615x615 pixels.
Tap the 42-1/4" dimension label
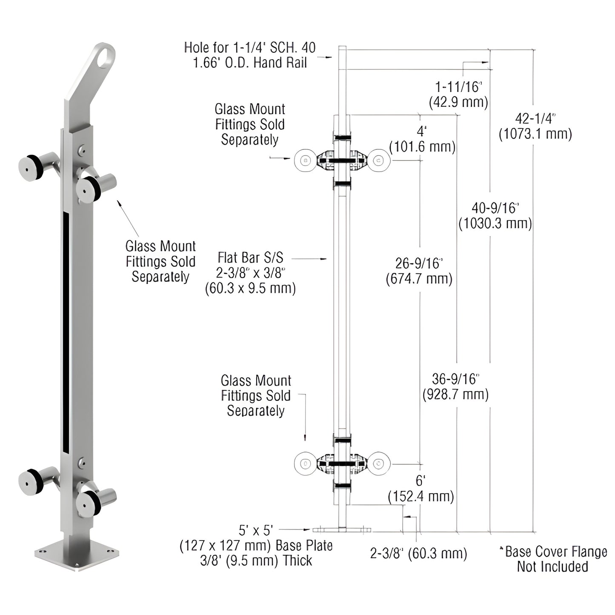pos(535,118)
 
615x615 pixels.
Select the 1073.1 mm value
pos(535,134)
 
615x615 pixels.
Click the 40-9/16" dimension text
pos(495,208)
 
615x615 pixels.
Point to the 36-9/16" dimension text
pos(455,378)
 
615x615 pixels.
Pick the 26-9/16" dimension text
pos(419,263)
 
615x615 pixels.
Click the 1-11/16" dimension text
pos(458,87)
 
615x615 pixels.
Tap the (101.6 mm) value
pos(422,147)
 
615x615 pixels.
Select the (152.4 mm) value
pos(420,496)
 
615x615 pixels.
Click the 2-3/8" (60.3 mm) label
pos(418,553)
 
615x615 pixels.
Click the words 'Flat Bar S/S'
pos(250,258)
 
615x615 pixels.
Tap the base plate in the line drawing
pos(342,530)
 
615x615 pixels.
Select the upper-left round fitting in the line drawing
pos(305,160)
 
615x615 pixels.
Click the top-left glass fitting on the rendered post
pos(30,168)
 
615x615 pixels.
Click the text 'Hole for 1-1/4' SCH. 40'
pos(250,48)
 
